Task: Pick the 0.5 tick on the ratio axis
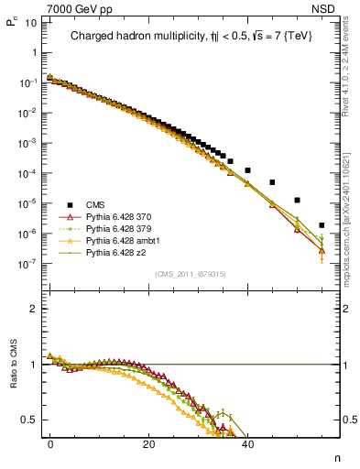27,420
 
